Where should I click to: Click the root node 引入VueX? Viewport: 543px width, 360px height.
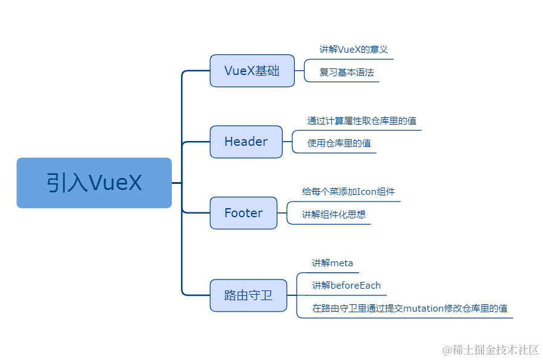coord(94,183)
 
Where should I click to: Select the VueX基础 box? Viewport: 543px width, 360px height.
coord(252,71)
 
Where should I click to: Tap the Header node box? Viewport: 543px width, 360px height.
coord(246,142)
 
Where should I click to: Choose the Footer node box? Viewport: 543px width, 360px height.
coord(243,213)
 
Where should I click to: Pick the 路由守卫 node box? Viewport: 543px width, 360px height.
coord(248,296)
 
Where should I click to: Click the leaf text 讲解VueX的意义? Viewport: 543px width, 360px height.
coord(354,50)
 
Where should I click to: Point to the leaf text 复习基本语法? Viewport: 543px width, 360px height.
coord(346,72)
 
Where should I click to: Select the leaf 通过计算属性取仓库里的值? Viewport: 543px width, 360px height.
coord(361,121)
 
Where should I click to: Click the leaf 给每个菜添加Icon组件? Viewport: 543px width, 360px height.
coord(348,192)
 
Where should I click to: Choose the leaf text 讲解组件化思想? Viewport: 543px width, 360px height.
coord(334,214)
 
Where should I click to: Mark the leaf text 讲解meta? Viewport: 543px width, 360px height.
coord(332,263)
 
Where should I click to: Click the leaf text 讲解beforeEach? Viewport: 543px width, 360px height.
coord(346,286)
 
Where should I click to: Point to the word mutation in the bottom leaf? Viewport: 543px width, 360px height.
coord(423,308)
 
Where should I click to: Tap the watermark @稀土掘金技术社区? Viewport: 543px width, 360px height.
coord(490,350)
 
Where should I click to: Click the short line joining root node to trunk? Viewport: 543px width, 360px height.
coord(177,183)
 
